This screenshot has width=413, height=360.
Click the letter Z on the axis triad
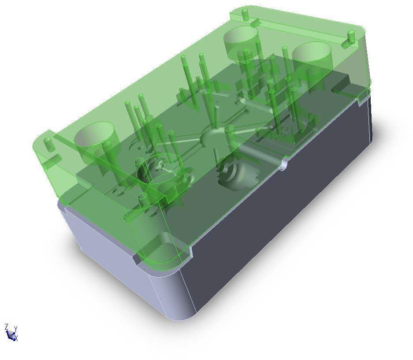[x=6, y=327]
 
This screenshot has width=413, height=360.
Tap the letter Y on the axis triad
[x=15, y=329]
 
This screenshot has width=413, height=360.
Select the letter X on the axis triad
[x=16, y=338]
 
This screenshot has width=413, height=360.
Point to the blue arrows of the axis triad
[x=11, y=335]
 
